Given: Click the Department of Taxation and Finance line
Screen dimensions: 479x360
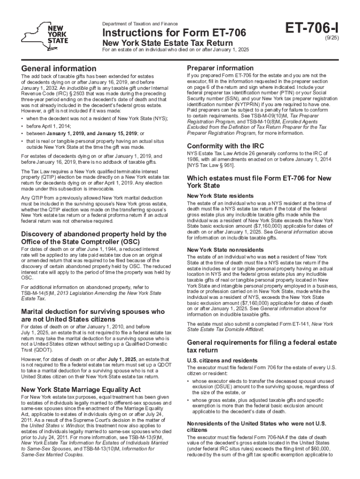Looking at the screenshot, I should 140,23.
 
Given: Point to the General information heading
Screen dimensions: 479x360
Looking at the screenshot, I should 59,68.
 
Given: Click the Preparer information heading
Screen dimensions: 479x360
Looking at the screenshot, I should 220,68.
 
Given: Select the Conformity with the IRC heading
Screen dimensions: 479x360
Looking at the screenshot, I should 224,145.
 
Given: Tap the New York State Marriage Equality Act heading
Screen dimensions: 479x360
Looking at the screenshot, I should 81,389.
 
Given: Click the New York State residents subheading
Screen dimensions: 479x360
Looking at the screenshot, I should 214,196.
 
